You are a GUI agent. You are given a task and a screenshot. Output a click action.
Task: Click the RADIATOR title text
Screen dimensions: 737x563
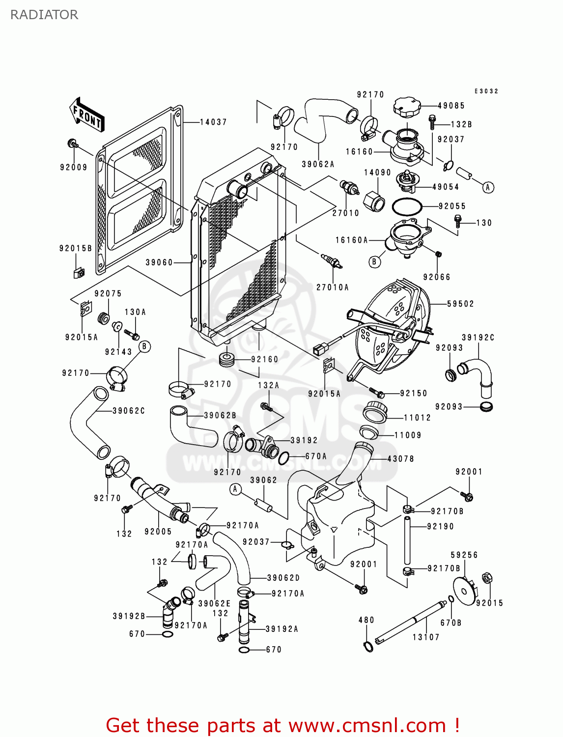click(x=44, y=15)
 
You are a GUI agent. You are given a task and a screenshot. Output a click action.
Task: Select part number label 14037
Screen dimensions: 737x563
click(x=213, y=122)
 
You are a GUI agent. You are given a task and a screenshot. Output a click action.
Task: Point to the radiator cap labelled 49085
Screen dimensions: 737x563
click(x=407, y=107)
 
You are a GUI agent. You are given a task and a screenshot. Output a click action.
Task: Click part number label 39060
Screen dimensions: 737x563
click(x=159, y=262)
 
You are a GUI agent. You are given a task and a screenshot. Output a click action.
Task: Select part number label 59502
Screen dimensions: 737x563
click(x=460, y=304)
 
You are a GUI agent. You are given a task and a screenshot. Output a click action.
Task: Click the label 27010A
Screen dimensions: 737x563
click(x=332, y=287)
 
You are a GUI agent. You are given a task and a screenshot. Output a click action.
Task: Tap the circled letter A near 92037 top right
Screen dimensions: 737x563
click(x=488, y=187)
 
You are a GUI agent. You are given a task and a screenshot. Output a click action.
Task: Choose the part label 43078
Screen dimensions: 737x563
click(x=400, y=459)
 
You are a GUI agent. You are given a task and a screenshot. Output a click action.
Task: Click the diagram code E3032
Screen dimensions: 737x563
click(x=486, y=91)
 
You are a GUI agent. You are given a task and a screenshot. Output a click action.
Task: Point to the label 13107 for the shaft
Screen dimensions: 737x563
click(x=426, y=637)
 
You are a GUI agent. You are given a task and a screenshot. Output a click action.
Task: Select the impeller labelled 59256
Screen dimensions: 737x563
click(x=464, y=588)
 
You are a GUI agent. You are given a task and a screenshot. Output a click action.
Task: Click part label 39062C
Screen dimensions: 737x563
click(x=129, y=411)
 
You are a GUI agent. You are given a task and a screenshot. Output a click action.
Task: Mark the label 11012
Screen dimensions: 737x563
click(x=417, y=418)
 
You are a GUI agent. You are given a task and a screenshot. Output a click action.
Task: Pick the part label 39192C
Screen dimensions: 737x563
click(x=478, y=338)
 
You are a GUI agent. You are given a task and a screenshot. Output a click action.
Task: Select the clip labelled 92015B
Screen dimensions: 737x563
click(x=79, y=272)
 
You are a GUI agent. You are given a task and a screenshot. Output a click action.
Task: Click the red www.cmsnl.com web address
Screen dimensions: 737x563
click(x=366, y=725)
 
